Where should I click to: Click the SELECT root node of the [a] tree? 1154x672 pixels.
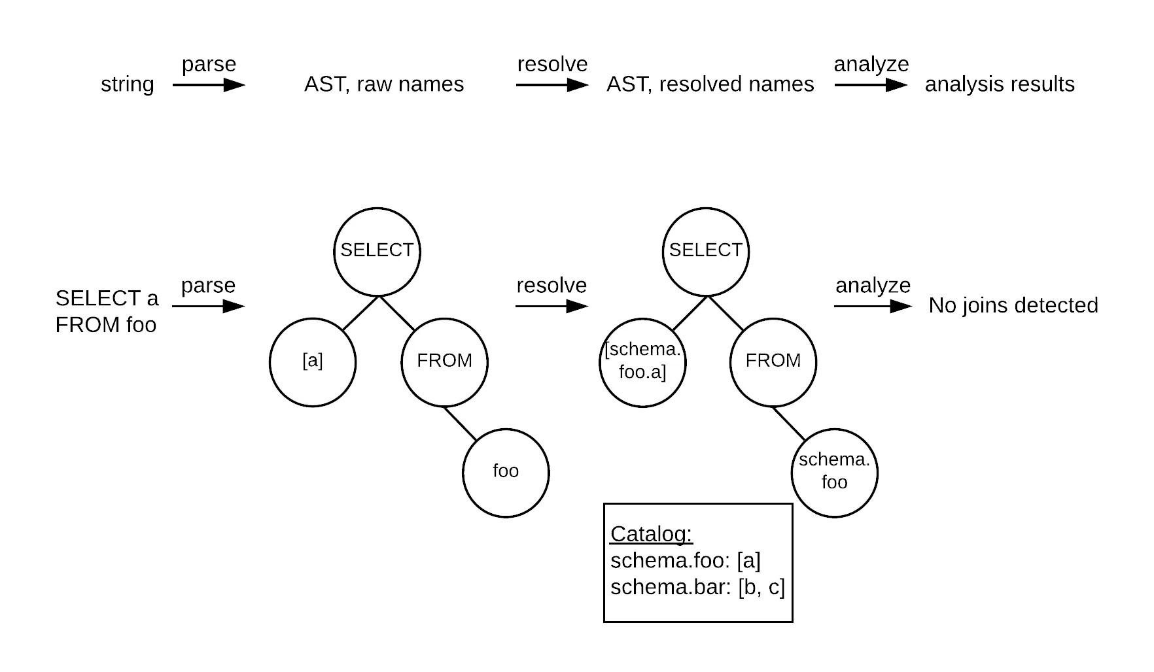pos(377,252)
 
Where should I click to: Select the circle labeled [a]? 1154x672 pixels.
pos(313,362)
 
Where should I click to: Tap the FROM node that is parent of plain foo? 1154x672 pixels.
pos(444,362)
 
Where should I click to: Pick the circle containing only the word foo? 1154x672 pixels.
pos(506,473)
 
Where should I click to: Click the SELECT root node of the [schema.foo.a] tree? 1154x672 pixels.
pos(705,252)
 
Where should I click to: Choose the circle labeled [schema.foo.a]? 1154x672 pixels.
pos(642,362)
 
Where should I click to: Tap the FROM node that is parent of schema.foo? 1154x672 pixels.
pos(773,362)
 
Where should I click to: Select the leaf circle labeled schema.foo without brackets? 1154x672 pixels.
pos(834,473)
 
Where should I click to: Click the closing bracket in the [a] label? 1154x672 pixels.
pos(321,361)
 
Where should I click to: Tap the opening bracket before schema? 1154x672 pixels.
pos(606,350)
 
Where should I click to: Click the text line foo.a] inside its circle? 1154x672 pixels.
pos(642,373)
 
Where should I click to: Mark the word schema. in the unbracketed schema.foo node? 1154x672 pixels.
pos(834,460)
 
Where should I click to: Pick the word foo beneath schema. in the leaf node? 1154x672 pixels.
pos(834,482)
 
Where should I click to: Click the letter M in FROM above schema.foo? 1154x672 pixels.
pos(792,360)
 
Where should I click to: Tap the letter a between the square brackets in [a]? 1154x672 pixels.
pos(313,361)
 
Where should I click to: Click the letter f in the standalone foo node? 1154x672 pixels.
pos(496,471)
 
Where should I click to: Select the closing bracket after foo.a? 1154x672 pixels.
pos(663,373)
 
